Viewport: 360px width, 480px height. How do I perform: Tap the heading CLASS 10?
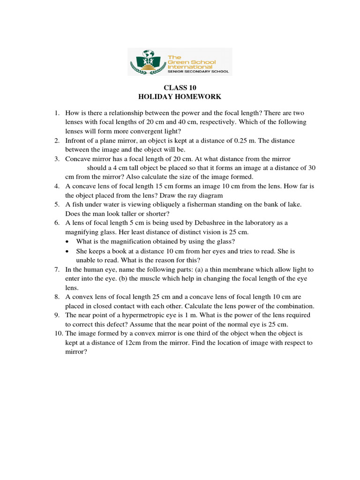coord(180,88)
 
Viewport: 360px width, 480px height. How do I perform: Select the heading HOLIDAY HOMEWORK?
coord(180,97)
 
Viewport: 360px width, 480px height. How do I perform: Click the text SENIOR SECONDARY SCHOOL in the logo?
coord(198,72)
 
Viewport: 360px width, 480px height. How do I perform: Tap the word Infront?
coord(75,141)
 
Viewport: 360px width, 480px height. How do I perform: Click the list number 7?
coord(56,270)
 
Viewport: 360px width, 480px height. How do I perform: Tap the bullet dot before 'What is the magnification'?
coord(68,241)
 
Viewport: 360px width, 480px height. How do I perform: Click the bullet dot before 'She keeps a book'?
coord(68,251)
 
